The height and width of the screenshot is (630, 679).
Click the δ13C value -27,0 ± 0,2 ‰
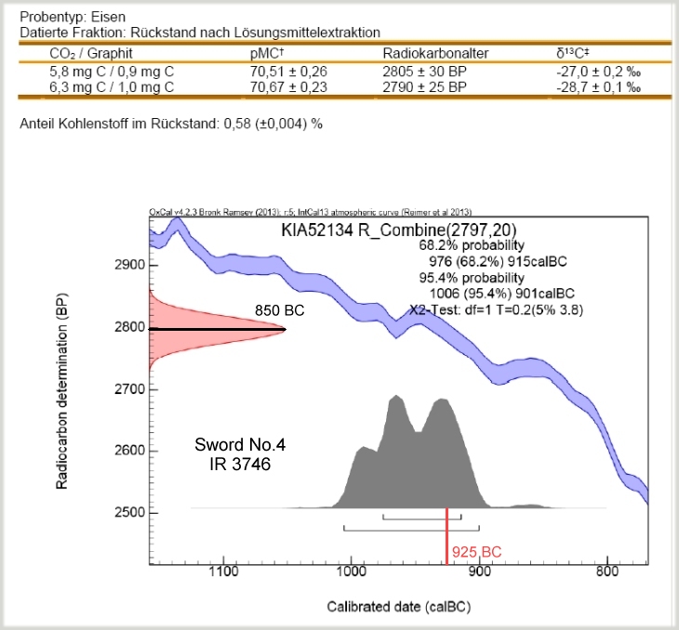tap(596, 70)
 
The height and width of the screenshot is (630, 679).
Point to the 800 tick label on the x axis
tap(607, 573)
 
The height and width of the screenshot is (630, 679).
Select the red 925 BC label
tap(476, 552)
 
